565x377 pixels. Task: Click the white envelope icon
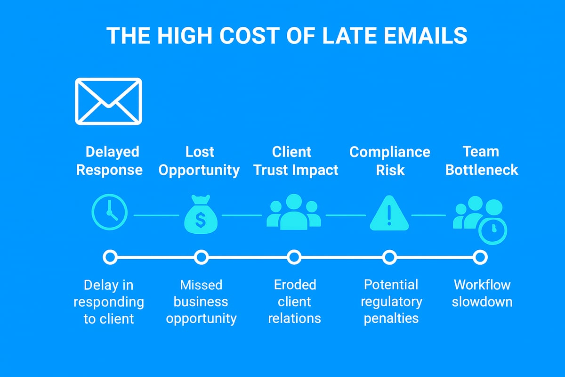(x=108, y=101)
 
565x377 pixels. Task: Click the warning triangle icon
(x=389, y=213)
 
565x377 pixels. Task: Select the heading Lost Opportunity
(x=199, y=161)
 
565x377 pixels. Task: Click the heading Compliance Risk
(x=389, y=161)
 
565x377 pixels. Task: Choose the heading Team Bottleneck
(x=481, y=161)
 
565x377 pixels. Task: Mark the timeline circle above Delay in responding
(x=110, y=257)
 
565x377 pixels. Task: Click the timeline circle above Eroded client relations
(x=294, y=257)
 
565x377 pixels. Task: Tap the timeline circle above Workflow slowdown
(x=480, y=257)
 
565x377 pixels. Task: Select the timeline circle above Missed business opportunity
(x=201, y=257)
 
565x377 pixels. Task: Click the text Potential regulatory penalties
(x=391, y=302)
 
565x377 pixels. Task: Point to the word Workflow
(x=482, y=285)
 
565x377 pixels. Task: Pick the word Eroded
(x=295, y=285)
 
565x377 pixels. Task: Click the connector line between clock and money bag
(x=156, y=215)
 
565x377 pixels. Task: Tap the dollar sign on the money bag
(x=201, y=219)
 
